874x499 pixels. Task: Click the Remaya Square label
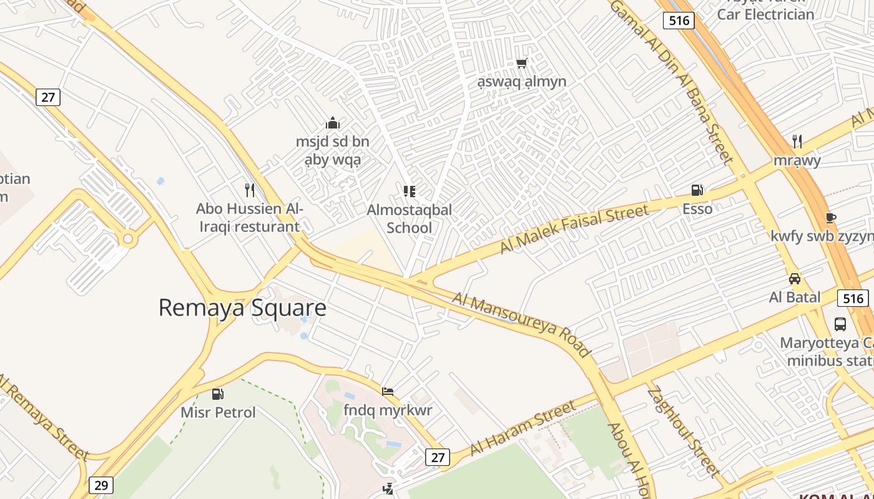point(242,308)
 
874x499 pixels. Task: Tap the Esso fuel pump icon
point(697,190)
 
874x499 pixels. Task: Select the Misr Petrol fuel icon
point(218,394)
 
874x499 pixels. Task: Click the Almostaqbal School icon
point(410,191)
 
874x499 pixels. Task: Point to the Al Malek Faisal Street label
point(574,229)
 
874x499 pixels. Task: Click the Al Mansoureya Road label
point(522,325)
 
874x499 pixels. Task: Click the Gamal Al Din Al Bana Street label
point(672,81)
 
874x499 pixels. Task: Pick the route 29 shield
point(101,485)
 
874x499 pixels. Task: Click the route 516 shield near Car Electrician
point(679,21)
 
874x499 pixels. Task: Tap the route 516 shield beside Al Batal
point(852,298)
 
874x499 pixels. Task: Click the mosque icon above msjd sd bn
point(333,123)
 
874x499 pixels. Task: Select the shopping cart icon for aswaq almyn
point(522,63)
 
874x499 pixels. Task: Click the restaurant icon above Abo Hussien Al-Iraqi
point(250,190)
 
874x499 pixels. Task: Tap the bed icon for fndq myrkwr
point(388,392)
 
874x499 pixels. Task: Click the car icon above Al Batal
point(795,278)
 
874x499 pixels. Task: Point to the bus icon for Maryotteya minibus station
point(840,324)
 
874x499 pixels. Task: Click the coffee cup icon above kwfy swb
point(830,218)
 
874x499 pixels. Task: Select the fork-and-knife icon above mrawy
point(797,141)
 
